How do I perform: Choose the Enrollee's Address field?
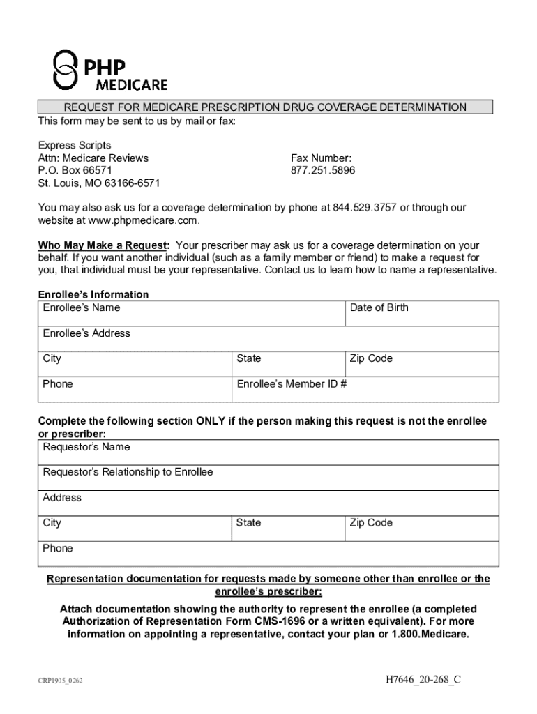click(268, 339)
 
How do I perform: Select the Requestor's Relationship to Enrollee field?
click(268, 478)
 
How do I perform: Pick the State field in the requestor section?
click(287, 529)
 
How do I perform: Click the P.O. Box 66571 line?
click(75, 171)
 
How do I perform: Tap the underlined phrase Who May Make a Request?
click(103, 245)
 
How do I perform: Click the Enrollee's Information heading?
click(93, 295)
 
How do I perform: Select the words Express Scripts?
click(74, 145)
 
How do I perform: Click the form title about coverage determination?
click(265, 107)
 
